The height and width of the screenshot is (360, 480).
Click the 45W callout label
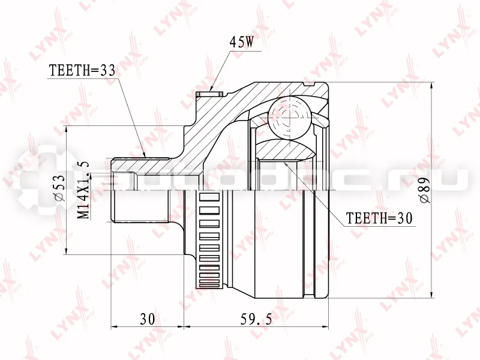(242, 43)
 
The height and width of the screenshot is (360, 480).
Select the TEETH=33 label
(82, 71)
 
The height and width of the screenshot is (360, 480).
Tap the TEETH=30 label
(379, 218)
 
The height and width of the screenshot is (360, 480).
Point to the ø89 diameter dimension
(425, 190)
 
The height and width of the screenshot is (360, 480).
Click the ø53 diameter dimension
(59, 187)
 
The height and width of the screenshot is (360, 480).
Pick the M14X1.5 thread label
(83, 190)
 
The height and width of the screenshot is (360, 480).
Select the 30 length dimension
(148, 319)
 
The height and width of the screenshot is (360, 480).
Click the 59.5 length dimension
(256, 319)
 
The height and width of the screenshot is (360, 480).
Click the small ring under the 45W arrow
(209, 94)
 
